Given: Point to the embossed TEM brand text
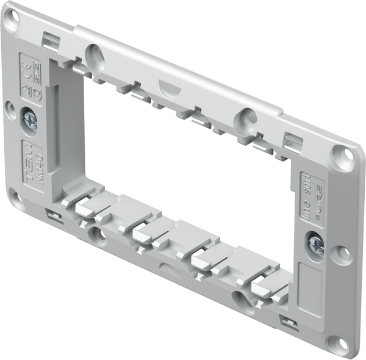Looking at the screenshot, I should coord(27,156).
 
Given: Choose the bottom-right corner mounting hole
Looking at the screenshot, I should coord(334,343).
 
